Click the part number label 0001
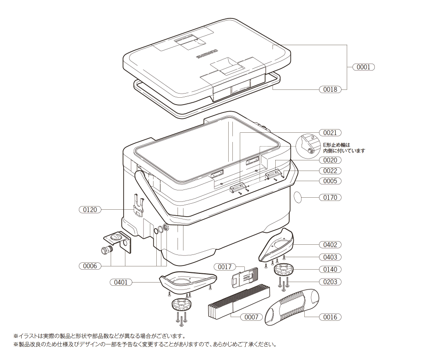(x=363, y=67)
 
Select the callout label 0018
(x=330, y=89)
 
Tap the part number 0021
(x=330, y=133)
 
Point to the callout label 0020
(x=330, y=160)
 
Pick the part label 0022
(x=330, y=171)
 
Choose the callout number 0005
(x=330, y=181)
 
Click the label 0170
(x=330, y=198)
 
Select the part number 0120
(x=90, y=210)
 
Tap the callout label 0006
(x=90, y=266)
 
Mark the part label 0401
(x=121, y=282)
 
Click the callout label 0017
(x=225, y=267)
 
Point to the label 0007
(x=251, y=317)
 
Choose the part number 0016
(x=330, y=317)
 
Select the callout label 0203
(x=330, y=282)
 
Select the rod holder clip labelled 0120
(x=139, y=205)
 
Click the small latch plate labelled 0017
(x=243, y=277)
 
